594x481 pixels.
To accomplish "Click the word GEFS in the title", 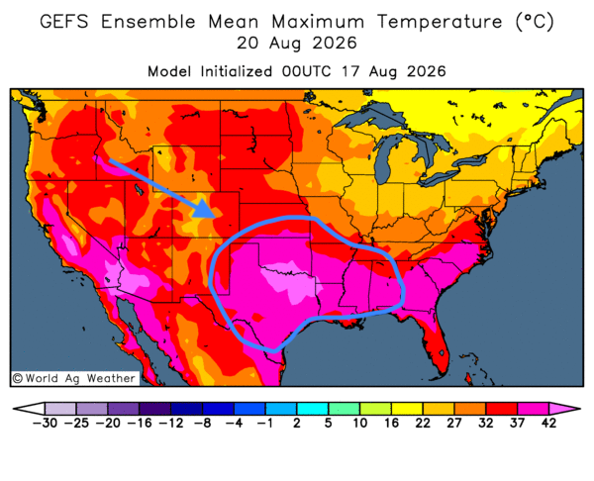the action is click(x=64, y=21).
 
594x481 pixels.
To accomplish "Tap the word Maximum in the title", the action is click(x=318, y=21).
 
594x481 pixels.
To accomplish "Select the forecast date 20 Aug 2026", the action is click(x=297, y=44).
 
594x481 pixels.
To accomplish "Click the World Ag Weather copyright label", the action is click(x=74, y=378).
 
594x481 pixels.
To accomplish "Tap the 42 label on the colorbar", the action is click(x=548, y=423).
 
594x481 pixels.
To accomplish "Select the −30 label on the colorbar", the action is click(x=45, y=423).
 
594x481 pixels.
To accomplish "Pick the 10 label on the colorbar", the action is click(x=360, y=423).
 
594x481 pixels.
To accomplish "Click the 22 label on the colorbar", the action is click(x=423, y=423).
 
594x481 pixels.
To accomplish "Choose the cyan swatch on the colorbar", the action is click(x=313, y=409).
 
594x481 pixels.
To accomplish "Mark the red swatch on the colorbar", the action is click(x=502, y=409).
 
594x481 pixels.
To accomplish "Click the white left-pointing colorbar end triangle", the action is click(x=29, y=409).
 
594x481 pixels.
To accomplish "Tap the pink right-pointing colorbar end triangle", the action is click(x=564, y=409).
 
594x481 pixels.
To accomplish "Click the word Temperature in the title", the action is click(x=440, y=22).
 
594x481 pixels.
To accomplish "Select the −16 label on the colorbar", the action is click(x=140, y=423).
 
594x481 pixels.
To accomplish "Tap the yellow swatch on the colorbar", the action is click(x=407, y=409).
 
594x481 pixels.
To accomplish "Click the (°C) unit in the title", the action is click(x=535, y=22).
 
